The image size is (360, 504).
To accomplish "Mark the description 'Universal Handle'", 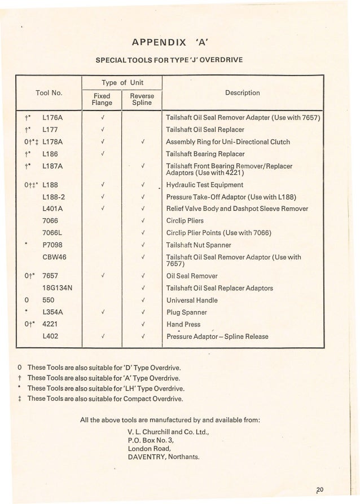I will pos(192,300).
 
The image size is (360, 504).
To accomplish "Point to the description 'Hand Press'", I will pos(183,324).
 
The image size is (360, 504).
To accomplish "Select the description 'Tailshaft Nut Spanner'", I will pos(200,245).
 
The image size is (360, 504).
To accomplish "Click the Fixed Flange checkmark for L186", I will pos(103,153).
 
